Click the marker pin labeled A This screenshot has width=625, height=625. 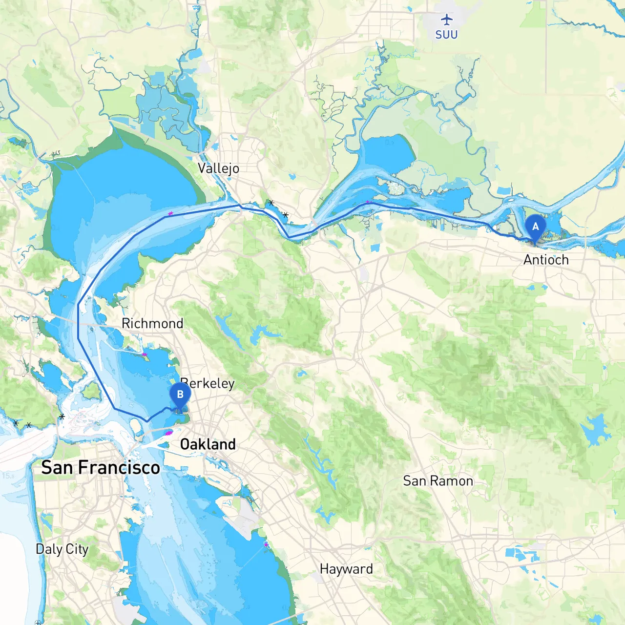pyautogui.click(x=535, y=228)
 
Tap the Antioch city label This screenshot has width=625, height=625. pyautogui.click(x=546, y=260)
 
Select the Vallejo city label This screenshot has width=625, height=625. pyautogui.click(x=218, y=168)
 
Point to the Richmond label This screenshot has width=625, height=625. pyautogui.click(x=152, y=323)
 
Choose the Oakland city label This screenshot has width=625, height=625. pyautogui.click(x=208, y=444)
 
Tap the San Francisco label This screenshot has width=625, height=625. pyautogui.click(x=101, y=468)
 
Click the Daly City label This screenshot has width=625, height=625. pyautogui.click(x=62, y=549)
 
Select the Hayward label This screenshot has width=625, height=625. pyautogui.click(x=346, y=569)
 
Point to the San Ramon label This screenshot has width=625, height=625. pyautogui.click(x=438, y=481)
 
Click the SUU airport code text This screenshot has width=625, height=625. pyautogui.click(x=446, y=35)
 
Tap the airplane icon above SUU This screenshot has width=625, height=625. pyautogui.click(x=446, y=20)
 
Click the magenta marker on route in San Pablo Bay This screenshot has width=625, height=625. pyautogui.click(x=170, y=214)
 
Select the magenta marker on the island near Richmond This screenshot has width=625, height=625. pyautogui.click(x=145, y=354)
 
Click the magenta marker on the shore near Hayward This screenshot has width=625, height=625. pyautogui.click(x=266, y=544)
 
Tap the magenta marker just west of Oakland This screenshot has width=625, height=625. pyautogui.click(x=168, y=433)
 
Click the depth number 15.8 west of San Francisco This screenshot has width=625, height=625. pyautogui.click(x=8, y=476)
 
